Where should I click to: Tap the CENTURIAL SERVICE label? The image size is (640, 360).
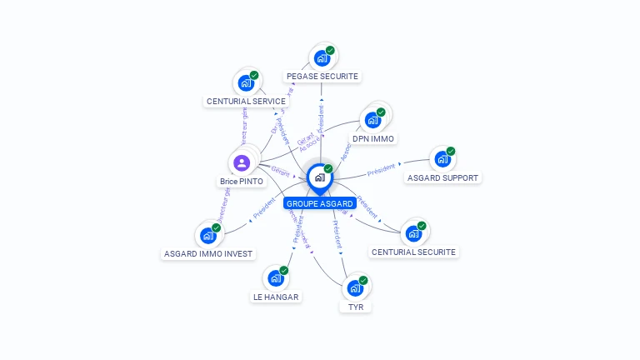pyautogui.click(x=246, y=101)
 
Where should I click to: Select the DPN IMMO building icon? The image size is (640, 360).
pyautogui.click(x=372, y=119)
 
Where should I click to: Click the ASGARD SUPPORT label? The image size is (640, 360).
pyautogui.click(x=442, y=177)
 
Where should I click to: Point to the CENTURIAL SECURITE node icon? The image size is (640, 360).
pyautogui.click(x=412, y=233)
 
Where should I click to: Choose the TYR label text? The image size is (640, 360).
pyautogui.click(x=356, y=307)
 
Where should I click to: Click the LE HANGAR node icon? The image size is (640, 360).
pyautogui.click(x=274, y=277)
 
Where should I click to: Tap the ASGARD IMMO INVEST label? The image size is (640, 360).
pyautogui.click(x=208, y=253)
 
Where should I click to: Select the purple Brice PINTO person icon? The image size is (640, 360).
pyautogui.click(x=242, y=162)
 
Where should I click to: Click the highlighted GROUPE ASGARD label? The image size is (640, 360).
pyautogui.click(x=320, y=203)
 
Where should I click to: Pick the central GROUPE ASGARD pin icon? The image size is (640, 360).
pyautogui.click(x=319, y=177)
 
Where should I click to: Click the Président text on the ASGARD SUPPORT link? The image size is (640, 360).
pyautogui.click(x=382, y=170)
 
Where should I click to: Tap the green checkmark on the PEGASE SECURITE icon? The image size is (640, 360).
pyautogui.click(x=330, y=51)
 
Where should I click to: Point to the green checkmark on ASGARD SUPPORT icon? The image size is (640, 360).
pyautogui.click(x=451, y=152)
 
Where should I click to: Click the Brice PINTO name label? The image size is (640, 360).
pyautogui.click(x=242, y=181)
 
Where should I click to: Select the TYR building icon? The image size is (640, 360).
pyautogui.click(x=355, y=288)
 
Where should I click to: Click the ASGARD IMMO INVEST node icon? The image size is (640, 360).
pyautogui.click(x=207, y=235)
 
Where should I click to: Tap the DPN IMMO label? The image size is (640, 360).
pyautogui.click(x=372, y=138)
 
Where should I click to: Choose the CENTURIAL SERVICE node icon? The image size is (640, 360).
pyautogui.click(x=245, y=82)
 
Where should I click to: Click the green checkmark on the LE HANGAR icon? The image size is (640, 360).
pyautogui.click(x=284, y=270)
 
